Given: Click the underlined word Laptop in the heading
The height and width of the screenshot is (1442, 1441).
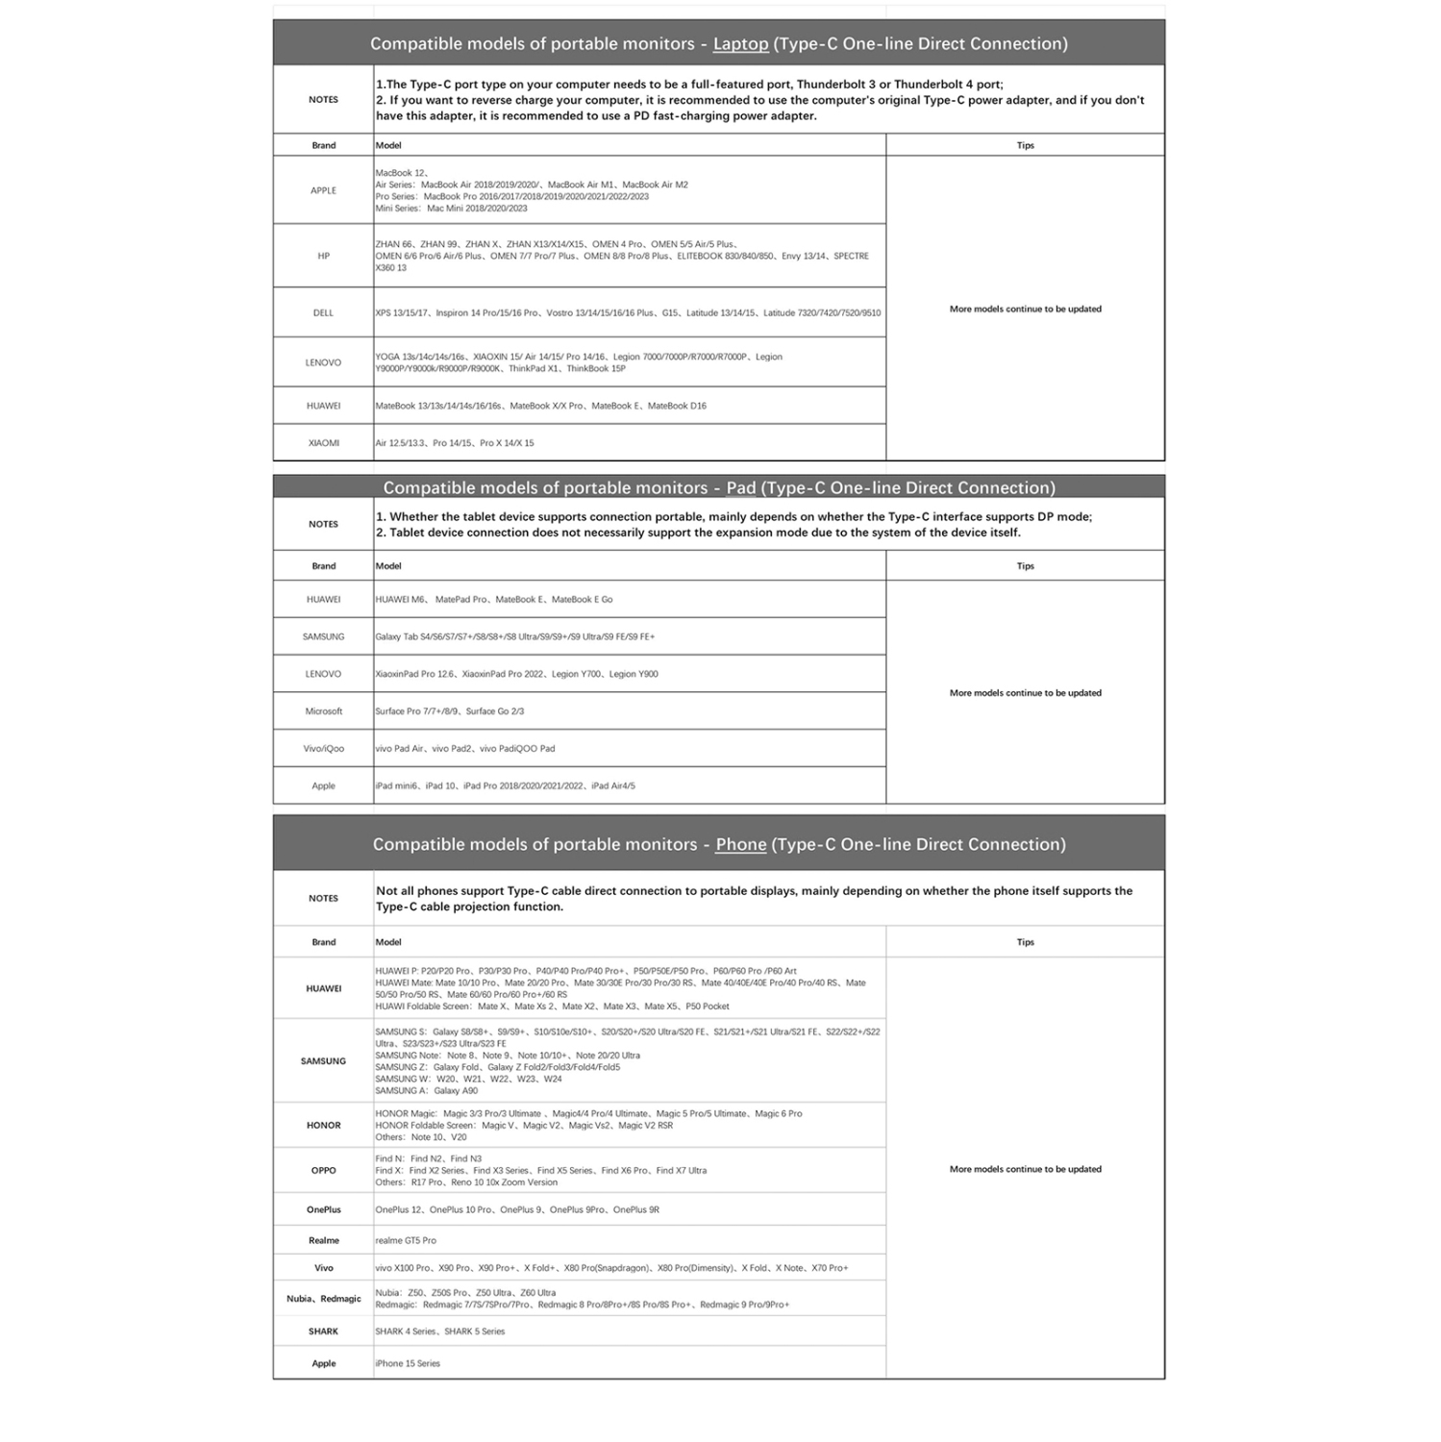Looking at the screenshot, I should (x=740, y=44).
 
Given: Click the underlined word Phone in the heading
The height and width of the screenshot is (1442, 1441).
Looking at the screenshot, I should (x=740, y=845).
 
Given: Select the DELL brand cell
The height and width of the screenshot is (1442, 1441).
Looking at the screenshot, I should (x=323, y=313).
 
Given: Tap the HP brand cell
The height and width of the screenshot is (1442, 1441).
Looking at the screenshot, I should (x=323, y=257).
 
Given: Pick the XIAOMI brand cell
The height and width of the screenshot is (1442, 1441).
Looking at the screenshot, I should (x=323, y=443).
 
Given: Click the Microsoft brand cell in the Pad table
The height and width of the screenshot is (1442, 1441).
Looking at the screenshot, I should (x=323, y=711).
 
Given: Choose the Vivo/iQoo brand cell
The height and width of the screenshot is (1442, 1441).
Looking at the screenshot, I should (x=323, y=749).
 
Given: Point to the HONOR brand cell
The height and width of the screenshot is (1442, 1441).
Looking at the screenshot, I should (x=323, y=1126).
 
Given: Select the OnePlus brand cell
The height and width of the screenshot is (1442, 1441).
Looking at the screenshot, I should (x=323, y=1210).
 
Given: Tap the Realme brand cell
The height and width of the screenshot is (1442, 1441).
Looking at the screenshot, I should (x=323, y=1241).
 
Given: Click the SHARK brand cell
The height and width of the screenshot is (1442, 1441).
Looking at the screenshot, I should (x=323, y=1332).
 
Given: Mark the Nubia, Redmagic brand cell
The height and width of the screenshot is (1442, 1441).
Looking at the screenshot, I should (x=323, y=1300).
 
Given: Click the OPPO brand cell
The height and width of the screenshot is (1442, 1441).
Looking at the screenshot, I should (x=323, y=1171).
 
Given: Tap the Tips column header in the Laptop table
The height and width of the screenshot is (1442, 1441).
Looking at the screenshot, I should (x=1025, y=146).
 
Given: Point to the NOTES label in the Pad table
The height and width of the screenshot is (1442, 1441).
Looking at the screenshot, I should (x=323, y=525).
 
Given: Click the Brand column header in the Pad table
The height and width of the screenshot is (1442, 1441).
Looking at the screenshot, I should (x=323, y=566).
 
